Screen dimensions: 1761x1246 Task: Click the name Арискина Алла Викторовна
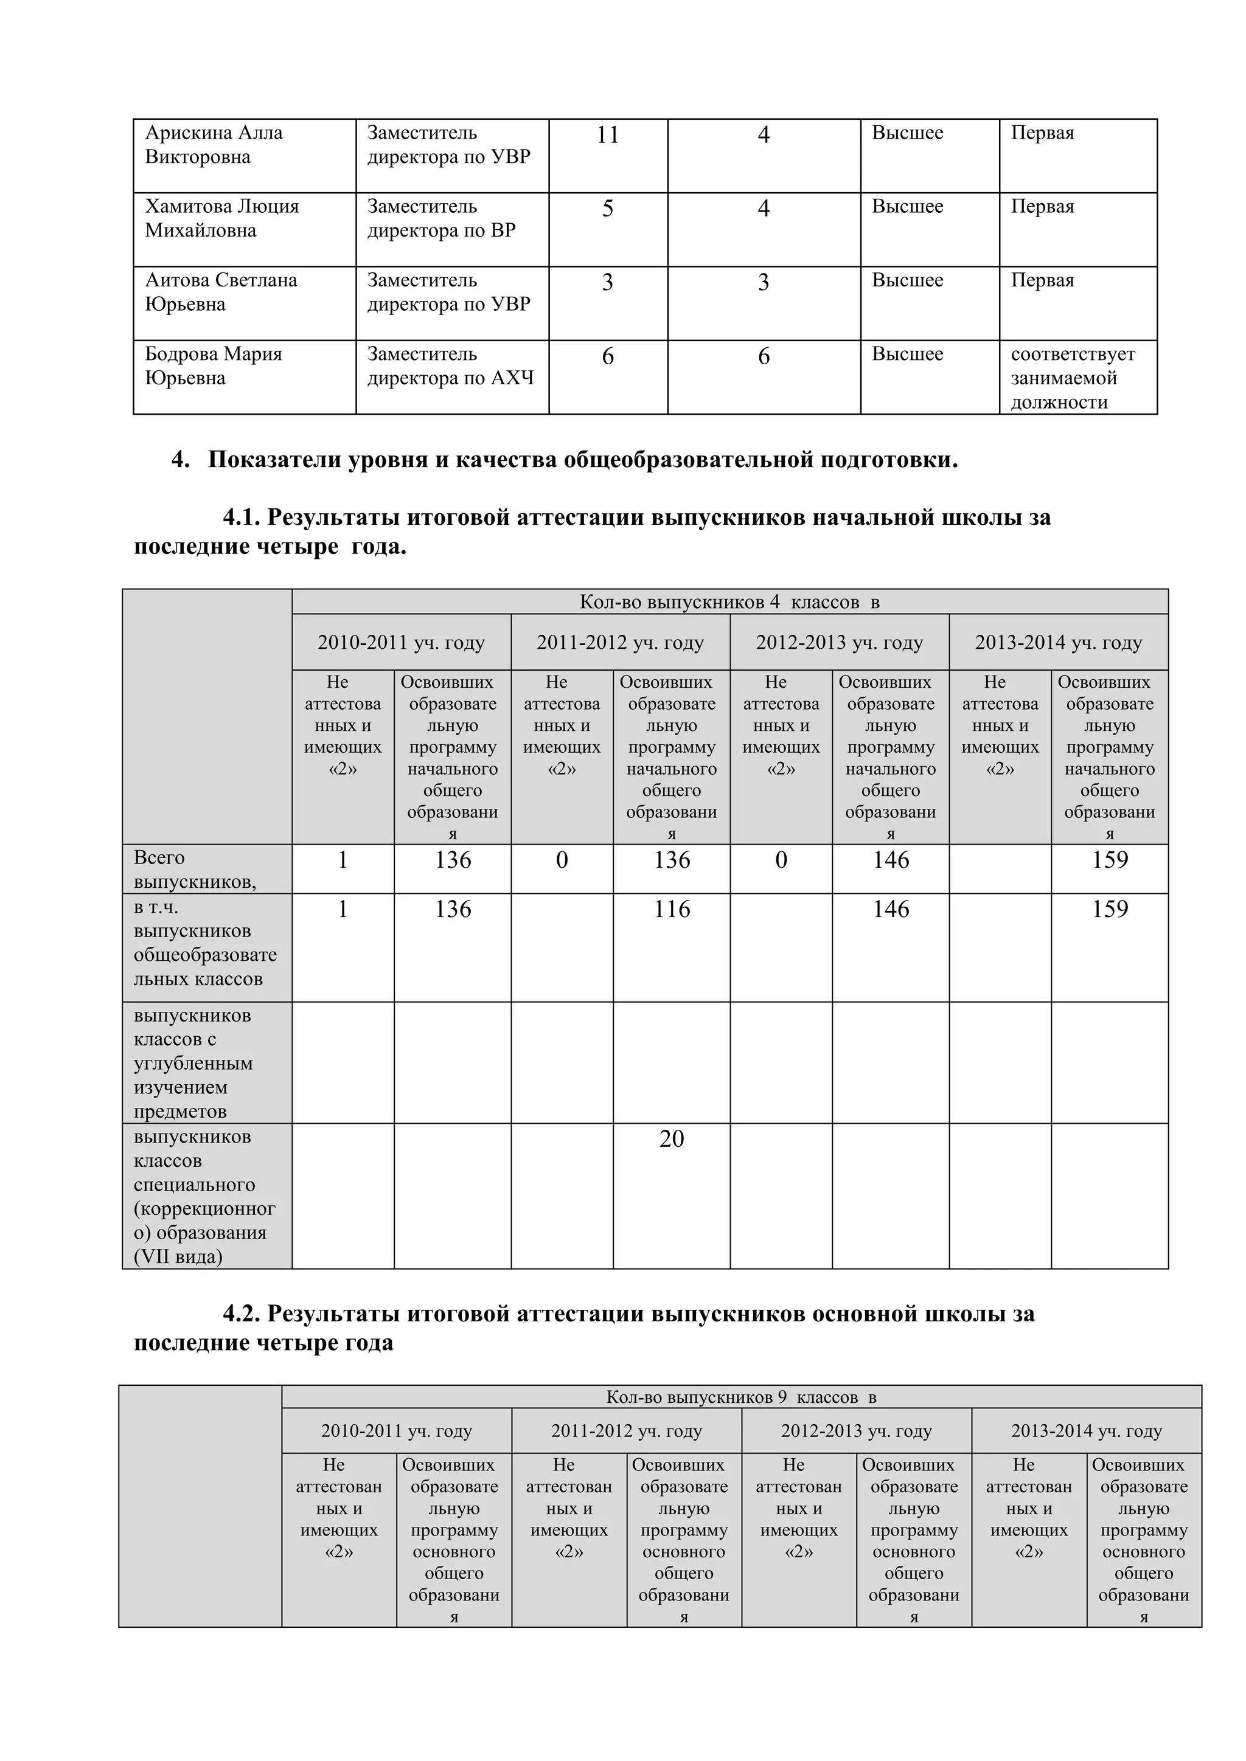(x=214, y=145)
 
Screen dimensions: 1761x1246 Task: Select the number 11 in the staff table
(x=607, y=135)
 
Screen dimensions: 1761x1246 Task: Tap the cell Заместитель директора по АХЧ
(x=450, y=366)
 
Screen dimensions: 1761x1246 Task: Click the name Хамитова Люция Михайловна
(x=221, y=218)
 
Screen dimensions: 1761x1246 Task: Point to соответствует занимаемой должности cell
(x=1072, y=378)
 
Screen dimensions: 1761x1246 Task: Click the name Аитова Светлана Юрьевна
(x=221, y=292)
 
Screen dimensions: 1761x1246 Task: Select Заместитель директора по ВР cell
(x=441, y=218)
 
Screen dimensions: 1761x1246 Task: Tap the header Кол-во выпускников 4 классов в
(x=729, y=602)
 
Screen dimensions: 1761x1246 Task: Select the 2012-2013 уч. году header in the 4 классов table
(x=840, y=643)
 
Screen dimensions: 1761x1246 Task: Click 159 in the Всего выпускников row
(x=1110, y=860)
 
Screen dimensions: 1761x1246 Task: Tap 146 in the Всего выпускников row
(x=890, y=860)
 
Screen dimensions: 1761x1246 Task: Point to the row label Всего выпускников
(x=195, y=870)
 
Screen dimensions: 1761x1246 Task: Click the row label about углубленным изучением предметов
(x=193, y=1063)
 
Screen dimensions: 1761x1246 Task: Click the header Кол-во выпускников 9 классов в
(x=741, y=1397)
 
